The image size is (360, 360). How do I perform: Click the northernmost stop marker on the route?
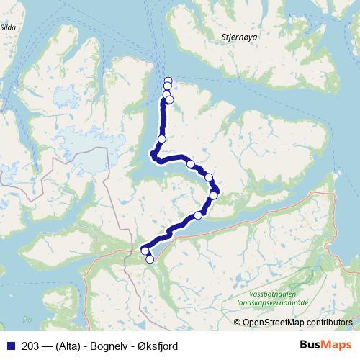coord(168,81)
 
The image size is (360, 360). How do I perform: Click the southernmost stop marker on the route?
coord(150,259)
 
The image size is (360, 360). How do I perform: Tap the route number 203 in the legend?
coord(30,346)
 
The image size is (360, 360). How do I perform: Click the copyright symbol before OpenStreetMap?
coord(238,323)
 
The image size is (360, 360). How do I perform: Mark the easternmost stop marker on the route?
coord(214,195)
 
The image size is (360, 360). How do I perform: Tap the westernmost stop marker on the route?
coord(145,251)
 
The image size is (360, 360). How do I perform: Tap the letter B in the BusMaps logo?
coord(305,346)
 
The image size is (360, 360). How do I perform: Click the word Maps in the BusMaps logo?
coord(335,346)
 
